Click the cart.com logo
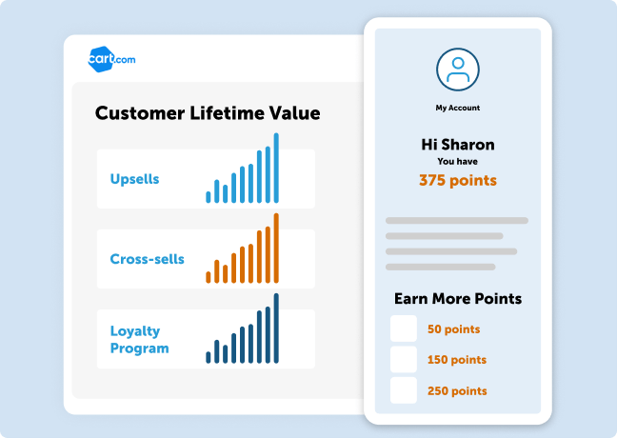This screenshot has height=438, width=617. click(111, 59)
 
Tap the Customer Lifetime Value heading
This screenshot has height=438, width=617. click(208, 113)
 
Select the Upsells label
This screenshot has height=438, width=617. click(134, 179)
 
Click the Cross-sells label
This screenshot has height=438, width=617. click(148, 259)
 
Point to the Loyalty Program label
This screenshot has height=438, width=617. click(140, 339)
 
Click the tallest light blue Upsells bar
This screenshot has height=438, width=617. click(276, 168)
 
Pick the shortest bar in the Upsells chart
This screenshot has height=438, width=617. click(209, 197)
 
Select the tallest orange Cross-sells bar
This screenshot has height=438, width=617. click(276, 249)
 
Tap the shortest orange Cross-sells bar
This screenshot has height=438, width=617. click(209, 277)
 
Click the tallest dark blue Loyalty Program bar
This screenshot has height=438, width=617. click(276, 328)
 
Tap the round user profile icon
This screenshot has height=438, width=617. click(458, 70)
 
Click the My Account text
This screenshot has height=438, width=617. click(458, 108)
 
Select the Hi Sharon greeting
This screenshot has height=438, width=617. click(458, 145)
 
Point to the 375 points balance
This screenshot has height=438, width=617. click(458, 180)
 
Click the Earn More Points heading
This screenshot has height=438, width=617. click(458, 299)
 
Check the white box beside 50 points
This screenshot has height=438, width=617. click(404, 328)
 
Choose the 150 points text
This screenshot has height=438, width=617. click(457, 360)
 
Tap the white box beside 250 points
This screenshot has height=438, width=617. click(404, 390)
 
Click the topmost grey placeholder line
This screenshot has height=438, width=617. click(457, 220)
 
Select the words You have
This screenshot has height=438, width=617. click(458, 161)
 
